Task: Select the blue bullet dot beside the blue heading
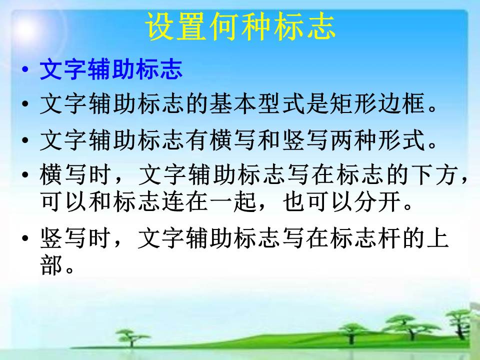(25, 68)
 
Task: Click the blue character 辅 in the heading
(99, 69)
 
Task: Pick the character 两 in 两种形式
(342, 140)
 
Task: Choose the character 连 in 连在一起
(173, 201)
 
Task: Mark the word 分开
(378, 201)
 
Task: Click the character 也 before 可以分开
(294, 201)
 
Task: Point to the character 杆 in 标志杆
(389, 238)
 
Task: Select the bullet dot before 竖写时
(25, 238)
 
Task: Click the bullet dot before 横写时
(25, 175)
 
